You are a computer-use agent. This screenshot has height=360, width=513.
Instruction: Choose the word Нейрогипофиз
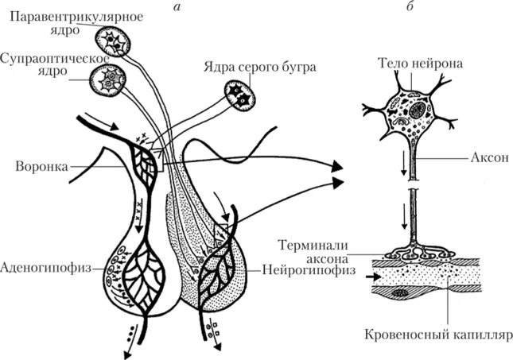coord(299,268)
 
